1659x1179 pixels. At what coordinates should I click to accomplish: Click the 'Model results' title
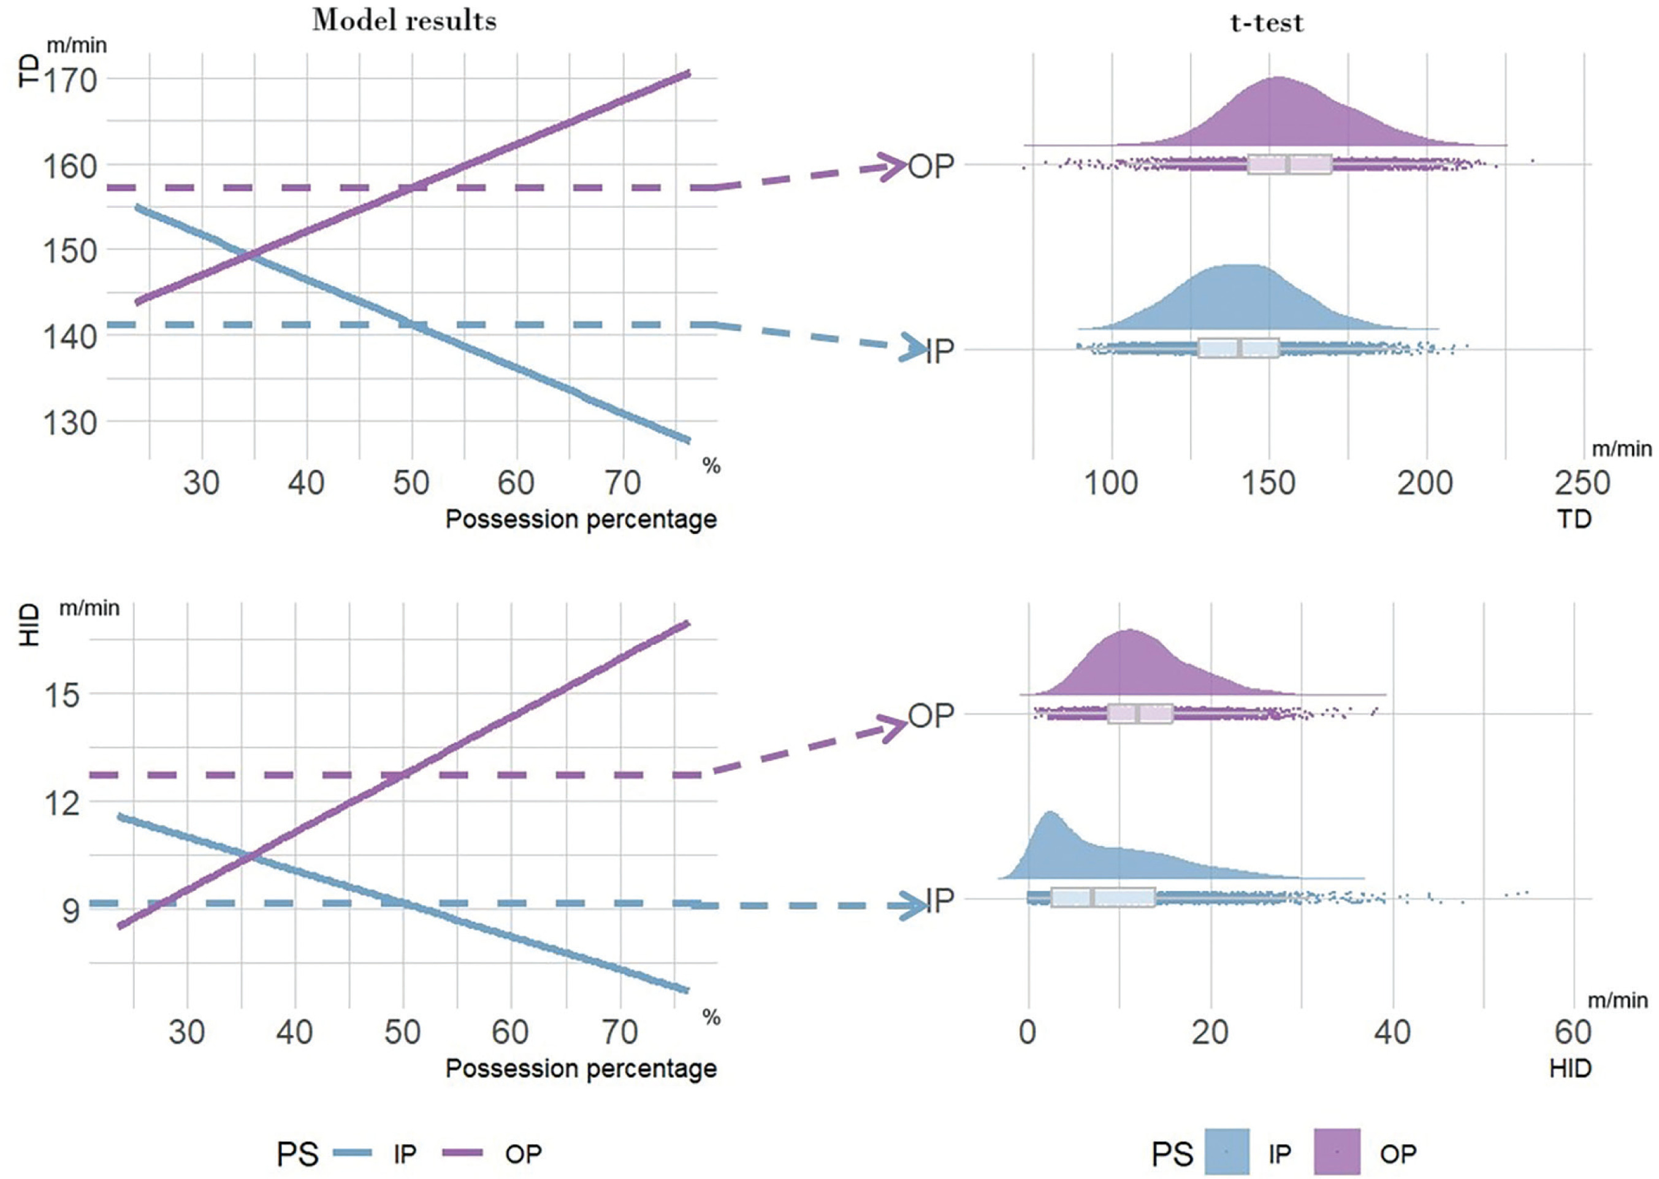coord(405,20)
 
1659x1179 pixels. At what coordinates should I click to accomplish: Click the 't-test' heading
coord(1267,23)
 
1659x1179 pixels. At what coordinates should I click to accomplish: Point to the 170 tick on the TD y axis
coord(71,80)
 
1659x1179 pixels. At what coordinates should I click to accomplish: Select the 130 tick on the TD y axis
coord(71,422)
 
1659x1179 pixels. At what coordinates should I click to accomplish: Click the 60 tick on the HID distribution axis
coord(1573,1032)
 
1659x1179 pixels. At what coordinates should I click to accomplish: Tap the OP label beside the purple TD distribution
coord(931,167)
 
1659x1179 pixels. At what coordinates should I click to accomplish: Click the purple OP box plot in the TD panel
coord(1289,165)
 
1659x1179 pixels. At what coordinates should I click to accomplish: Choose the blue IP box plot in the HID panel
coord(1103,898)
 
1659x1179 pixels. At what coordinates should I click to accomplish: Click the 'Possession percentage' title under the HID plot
coord(581,1069)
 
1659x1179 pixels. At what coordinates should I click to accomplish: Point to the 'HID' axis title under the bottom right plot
coord(1569,1069)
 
